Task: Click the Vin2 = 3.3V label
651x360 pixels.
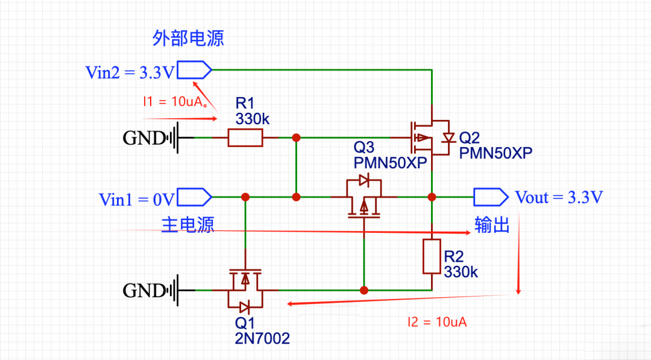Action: coord(130,74)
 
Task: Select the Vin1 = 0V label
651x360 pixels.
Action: coord(137,200)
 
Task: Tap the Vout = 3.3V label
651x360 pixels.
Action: coord(559,198)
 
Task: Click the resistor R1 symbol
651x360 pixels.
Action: coord(245,138)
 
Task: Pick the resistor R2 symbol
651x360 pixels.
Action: coord(432,256)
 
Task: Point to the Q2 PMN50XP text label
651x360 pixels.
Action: coord(495,145)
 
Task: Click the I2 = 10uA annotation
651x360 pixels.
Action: coord(437,322)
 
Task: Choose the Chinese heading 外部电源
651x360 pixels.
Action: coord(188,39)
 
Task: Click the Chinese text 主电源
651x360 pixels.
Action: coord(187,225)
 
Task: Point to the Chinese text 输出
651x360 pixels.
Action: coord(492,224)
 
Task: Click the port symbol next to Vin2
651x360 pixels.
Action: coord(194,71)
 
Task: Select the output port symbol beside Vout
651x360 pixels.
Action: coord(489,197)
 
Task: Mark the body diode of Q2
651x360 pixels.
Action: coord(447,138)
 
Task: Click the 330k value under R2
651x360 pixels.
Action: coord(461,272)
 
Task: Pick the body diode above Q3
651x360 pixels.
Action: coord(364,179)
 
